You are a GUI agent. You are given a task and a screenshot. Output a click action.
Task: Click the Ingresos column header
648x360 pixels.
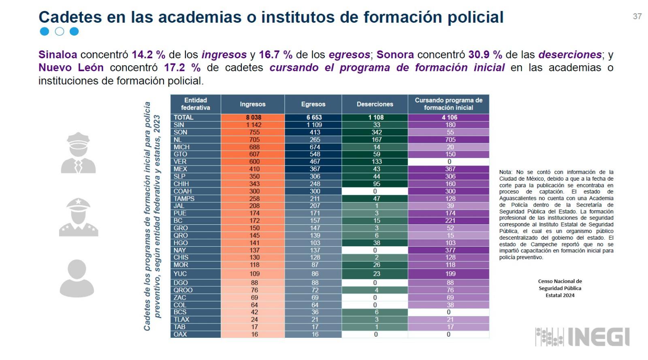(x=252, y=104)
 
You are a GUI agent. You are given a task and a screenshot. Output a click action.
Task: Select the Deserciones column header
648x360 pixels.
(x=375, y=104)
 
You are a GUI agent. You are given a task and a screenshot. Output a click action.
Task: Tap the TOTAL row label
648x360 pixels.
(x=183, y=117)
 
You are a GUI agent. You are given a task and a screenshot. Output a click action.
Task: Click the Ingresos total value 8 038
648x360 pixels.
(x=254, y=117)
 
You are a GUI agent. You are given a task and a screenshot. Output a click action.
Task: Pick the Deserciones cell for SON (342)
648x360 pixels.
(x=376, y=132)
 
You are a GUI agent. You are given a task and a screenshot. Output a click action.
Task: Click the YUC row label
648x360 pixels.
(x=180, y=274)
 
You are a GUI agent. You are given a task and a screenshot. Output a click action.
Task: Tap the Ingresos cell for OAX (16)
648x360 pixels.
(x=254, y=334)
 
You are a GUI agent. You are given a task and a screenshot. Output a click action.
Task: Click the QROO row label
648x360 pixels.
(x=183, y=290)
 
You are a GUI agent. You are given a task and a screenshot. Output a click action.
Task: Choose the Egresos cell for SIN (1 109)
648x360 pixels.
(x=314, y=125)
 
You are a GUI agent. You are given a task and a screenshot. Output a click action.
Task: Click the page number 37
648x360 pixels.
(x=637, y=16)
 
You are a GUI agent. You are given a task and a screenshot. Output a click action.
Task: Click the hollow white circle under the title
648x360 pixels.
(x=59, y=32)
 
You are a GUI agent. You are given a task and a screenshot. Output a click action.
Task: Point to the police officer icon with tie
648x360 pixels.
(x=78, y=153)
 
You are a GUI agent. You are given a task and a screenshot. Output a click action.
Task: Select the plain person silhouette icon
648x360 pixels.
(x=77, y=278)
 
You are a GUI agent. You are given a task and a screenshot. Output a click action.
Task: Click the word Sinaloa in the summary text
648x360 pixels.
(x=58, y=55)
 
